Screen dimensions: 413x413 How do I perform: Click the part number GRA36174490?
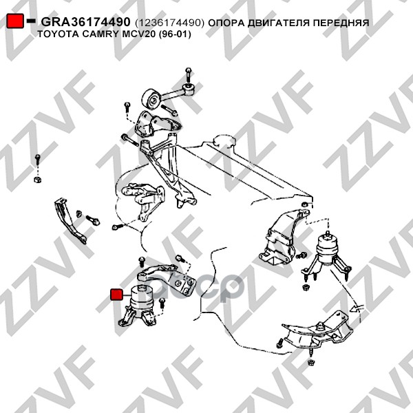click(x=85, y=22)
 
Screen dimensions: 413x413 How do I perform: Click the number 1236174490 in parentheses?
click(x=169, y=23)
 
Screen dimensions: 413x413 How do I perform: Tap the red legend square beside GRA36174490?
click(x=15, y=21)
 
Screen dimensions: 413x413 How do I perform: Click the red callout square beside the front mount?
click(x=116, y=295)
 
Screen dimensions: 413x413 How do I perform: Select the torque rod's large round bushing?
click(x=151, y=98)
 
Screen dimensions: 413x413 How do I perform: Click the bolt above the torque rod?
click(x=189, y=75)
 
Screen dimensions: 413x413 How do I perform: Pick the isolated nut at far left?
click(x=38, y=180)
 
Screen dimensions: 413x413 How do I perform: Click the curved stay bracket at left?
click(x=70, y=221)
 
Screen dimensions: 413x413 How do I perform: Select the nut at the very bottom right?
click(x=311, y=363)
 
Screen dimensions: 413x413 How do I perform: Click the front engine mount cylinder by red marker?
click(x=142, y=297)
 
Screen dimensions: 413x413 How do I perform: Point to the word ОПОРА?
click(x=226, y=23)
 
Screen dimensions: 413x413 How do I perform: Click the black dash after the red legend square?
click(x=31, y=21)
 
